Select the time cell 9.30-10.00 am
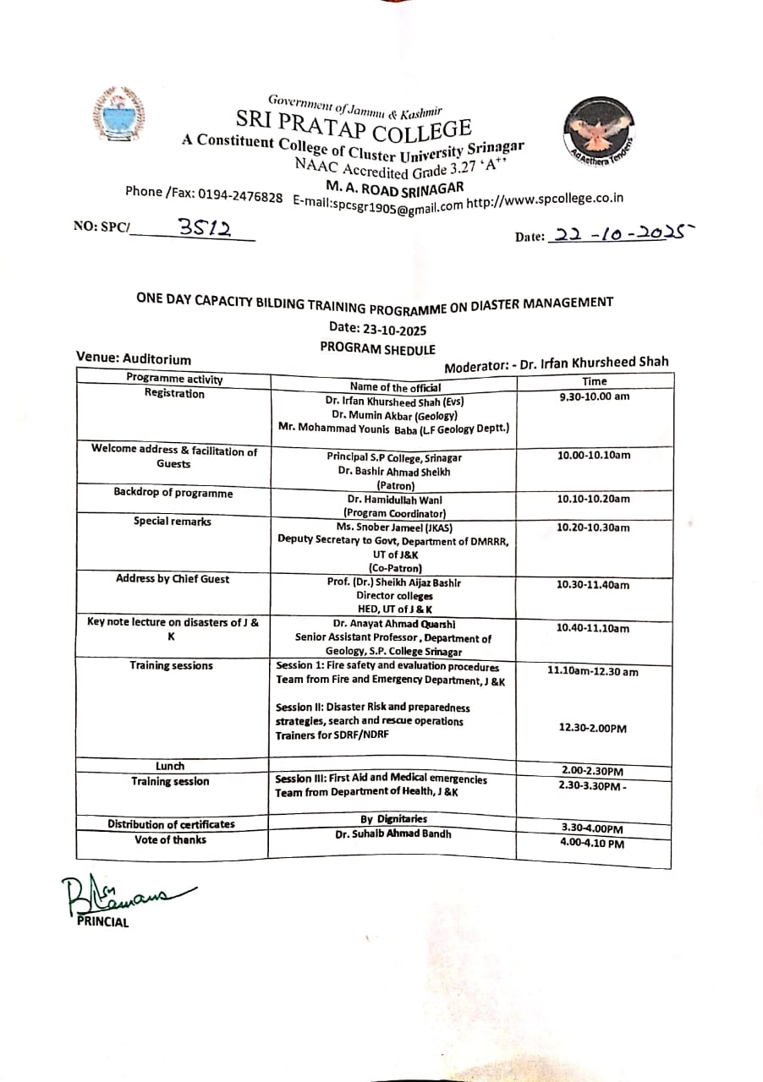pos(595,396)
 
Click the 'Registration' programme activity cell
pos(174,393)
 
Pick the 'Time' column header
pos(595,381)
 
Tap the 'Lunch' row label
pos(170,766)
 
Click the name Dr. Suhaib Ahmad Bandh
pos(393,833)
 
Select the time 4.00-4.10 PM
pos(592,844)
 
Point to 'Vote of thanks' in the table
pos(170,839)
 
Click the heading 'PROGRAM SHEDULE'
pos(378,347)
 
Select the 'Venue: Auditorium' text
pos(134,358)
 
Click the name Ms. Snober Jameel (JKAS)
pos(394,526)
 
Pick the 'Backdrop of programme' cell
pos(173,493)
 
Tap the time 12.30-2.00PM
pos(593,728)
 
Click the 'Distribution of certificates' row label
pos(171,824)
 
